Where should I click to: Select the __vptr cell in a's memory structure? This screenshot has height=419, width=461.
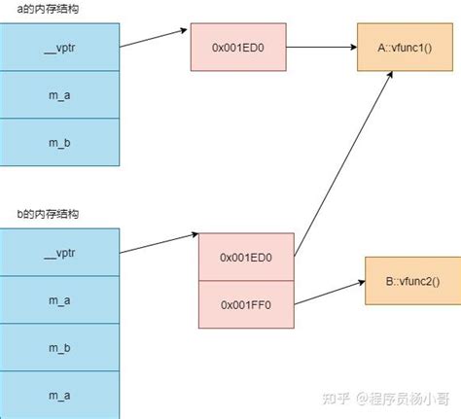pos(59,45)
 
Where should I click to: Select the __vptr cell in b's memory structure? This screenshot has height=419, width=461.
pos(59,255)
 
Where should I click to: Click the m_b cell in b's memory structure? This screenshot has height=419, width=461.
pos(59,347)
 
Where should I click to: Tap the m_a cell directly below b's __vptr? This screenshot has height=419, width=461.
pos(59,301)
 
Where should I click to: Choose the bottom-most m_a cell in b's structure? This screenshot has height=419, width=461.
pos(59,394)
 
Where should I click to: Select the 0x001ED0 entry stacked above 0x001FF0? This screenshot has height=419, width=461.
pos(245,257)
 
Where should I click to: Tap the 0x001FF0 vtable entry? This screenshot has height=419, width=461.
pos(245,303)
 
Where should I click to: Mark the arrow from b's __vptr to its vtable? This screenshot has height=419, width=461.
pos(159,242)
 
